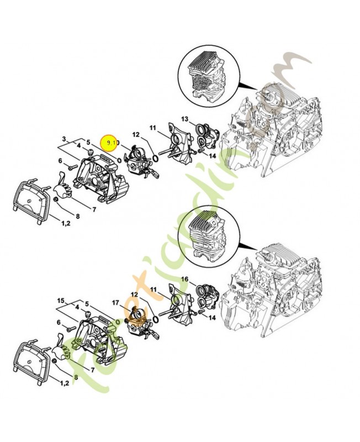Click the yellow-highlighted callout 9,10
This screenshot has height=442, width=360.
coord(112,143)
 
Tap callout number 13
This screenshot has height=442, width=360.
coord(184,119)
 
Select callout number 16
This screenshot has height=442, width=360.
coord(184,279)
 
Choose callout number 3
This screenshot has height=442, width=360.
coord(64,139)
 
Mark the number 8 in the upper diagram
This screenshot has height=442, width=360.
coord(77,216)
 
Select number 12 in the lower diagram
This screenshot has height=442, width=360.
coord(134,295)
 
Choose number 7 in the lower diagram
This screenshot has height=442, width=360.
coord(94,369)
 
